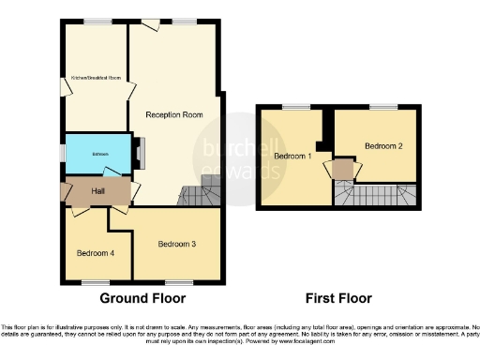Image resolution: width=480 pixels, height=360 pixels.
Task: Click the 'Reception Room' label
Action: pos(174,115)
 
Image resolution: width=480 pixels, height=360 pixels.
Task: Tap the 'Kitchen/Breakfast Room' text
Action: pos(96,78)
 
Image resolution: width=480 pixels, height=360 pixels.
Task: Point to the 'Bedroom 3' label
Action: pos(176,244)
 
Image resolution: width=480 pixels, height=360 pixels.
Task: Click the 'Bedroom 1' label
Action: pos(292,157)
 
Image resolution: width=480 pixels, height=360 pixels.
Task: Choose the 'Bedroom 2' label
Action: pos(383,146)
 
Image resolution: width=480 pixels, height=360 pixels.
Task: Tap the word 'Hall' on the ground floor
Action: pos(97,191)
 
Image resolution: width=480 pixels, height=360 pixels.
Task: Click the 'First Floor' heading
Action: pos(338,299)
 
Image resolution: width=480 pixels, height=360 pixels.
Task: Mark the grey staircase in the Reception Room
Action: pos(199,194)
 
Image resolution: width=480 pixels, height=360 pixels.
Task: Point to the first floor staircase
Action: pos(375,195)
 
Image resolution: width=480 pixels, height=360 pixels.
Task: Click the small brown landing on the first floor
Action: pos(344,169)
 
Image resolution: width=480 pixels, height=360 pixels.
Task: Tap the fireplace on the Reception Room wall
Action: pos(139,150)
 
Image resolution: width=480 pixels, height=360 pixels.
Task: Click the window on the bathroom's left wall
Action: pos(63,152)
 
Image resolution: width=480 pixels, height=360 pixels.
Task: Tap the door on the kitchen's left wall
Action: pos(65,87)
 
